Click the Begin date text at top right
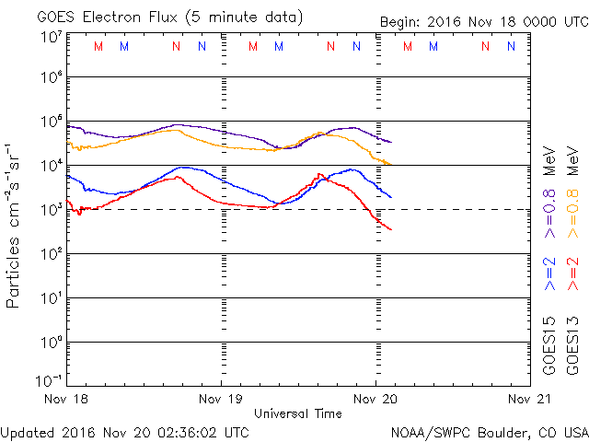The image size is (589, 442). click(483, 22)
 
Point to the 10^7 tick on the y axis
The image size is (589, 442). click(50, 38)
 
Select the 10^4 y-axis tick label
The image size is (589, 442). click(50, 166)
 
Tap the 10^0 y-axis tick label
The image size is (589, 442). click(50, 343)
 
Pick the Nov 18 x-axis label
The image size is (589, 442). click(67, 400)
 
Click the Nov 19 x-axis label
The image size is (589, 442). click(221, 400)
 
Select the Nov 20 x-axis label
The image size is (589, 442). click(375, 400)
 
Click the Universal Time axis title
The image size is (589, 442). click(298, 413)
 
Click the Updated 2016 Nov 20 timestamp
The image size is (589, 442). click(124, 431)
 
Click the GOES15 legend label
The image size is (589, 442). click(550, 344)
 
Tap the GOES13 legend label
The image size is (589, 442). click(574, 344)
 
